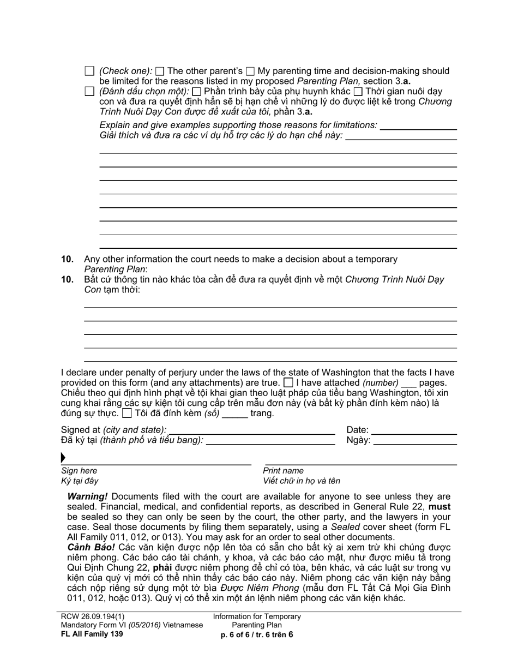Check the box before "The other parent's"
[160, 71]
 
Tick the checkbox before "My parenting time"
[250, 71]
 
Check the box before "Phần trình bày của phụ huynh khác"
[197, 91]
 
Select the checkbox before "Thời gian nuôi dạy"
[358, 91]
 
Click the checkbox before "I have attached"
[289, 382]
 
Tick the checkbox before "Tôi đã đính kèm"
[127, 413]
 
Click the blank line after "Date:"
[414, 430]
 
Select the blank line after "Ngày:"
[414, 440]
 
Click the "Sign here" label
[79, 471]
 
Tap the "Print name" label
[283, 471]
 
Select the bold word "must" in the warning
[439, 507]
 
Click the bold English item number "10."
[67, 259]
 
